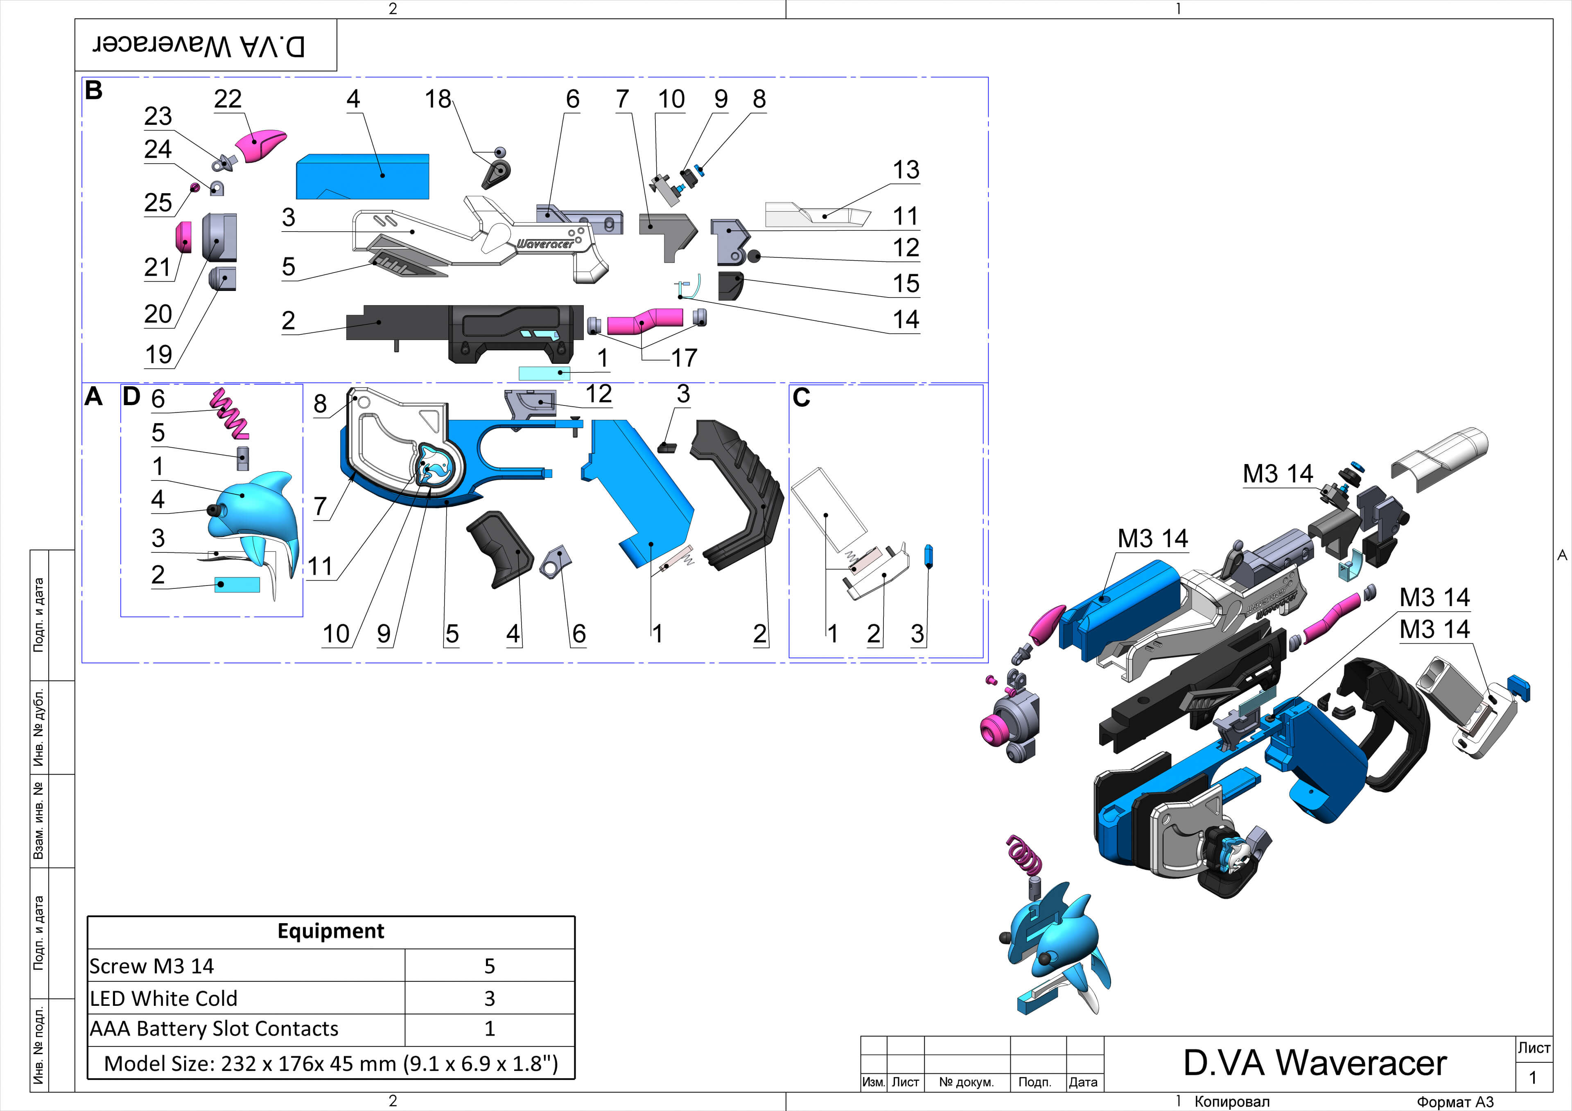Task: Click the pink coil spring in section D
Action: (x=229, y=413)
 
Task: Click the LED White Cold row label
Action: (x=164, y=998)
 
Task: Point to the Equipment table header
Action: (x=331, y=931)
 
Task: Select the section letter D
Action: (x=131, y=397)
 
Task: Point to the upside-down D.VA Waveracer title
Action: (x=199, y=45)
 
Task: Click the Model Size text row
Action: (x=331, y=1063)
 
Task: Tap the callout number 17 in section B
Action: (x=683, y=357)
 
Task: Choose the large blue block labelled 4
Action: (x=362, y=177)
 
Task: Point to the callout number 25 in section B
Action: (x=158, y=203)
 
